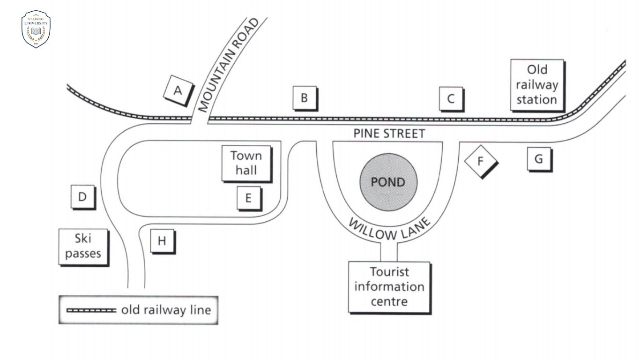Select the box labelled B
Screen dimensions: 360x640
point(304,98)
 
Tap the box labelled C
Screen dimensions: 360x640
point(451,98)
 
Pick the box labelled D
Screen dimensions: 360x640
point(82,196)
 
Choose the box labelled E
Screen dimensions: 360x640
point(248,198)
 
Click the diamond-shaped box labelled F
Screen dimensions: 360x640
point(480,161)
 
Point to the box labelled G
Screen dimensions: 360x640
point(538,159)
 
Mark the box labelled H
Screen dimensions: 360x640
point(162,241)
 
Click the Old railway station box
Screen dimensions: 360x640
point(536,84)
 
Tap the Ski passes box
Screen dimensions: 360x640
point(83,247)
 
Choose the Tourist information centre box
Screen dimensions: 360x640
point(389,286)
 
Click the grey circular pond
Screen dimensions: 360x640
point(388,181)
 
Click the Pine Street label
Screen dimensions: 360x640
point(389,134)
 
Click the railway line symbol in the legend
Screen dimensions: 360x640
point(91,310)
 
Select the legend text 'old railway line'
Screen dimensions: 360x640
point(166,310)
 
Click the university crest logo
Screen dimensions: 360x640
point(36,29)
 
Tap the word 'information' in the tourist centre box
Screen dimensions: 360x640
point(389,286)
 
